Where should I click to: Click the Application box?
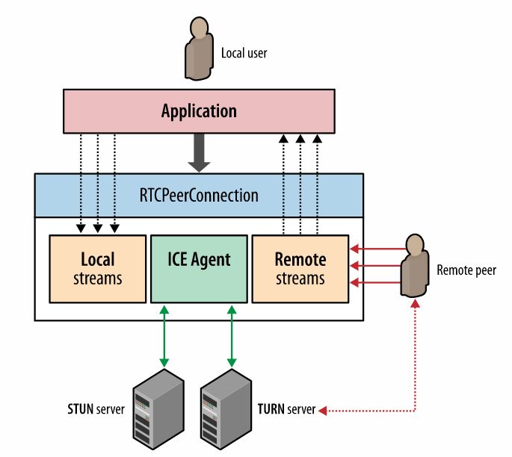click(199, 111)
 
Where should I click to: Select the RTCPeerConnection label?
click(199, 196)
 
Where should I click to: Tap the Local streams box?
click(98, 269)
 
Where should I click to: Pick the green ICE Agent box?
click(199, 269)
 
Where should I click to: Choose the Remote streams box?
click(300, 269)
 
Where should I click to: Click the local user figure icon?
click(197, 49)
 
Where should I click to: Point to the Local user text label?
click(244, 53)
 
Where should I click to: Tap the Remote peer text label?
click(466, 270)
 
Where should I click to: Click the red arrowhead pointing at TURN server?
click(321, 410)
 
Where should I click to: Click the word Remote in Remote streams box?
click(300, 260)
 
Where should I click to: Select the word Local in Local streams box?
click(98, 260)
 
